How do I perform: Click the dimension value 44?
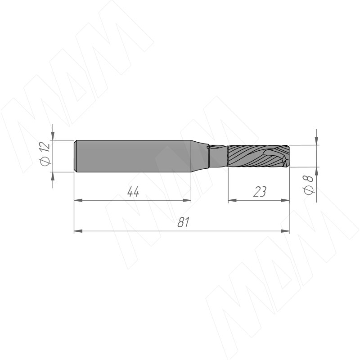133,192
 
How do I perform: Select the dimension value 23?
260,192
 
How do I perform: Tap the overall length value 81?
184,222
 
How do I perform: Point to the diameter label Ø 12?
45,153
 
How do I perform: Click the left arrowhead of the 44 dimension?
78,200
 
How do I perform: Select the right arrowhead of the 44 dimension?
187,200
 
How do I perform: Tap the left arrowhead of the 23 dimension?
232,200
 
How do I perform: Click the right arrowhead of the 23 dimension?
285,200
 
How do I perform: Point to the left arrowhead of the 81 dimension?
78,231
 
